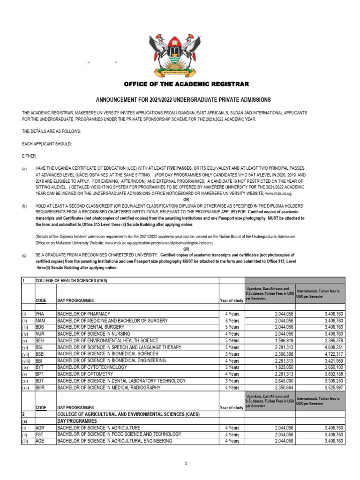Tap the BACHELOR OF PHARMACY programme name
83,314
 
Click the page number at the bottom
186,463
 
